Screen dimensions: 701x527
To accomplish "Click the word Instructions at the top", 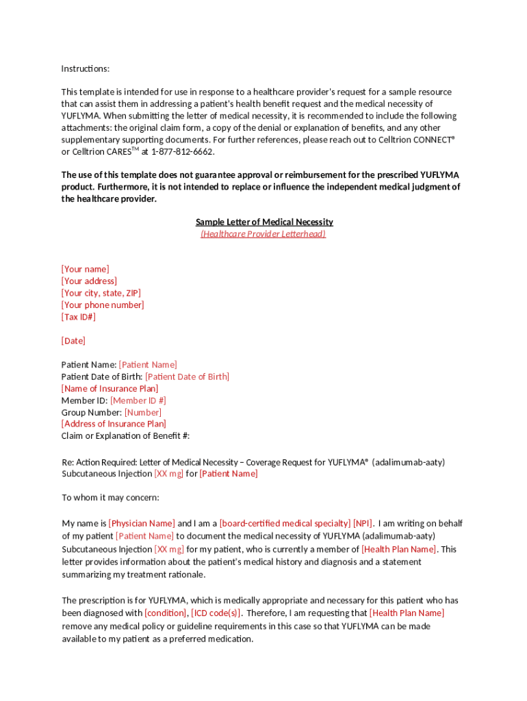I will pos(85,68).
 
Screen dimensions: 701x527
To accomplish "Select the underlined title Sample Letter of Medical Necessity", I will pos(264,222).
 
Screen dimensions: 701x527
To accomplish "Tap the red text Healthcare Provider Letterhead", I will pos(263,233).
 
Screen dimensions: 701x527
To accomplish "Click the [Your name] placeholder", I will pos(85,269).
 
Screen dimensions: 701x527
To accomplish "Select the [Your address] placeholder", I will pos(89,281).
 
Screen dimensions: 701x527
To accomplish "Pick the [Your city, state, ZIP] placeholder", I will pos(101,293).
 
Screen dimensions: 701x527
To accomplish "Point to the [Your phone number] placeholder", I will pos(103,305).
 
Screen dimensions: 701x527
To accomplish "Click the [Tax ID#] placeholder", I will pos(79,317).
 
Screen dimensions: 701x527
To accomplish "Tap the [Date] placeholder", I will pos(73,340).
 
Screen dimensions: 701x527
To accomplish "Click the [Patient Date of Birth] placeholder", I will pos(187,377).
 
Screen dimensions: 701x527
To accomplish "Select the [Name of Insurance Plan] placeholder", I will pos(110,388).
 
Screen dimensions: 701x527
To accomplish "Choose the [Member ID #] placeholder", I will pos(138,400).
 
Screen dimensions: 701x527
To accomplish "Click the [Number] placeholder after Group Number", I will pos(142,412).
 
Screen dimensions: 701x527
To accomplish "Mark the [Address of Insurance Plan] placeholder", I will pos(114,424).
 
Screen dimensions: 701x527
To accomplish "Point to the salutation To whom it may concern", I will pos(110,498).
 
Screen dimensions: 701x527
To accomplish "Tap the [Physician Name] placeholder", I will pos(142,524).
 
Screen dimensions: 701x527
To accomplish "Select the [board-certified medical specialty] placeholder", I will pos(285,524).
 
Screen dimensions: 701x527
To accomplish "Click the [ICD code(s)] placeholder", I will pos(216,613).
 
